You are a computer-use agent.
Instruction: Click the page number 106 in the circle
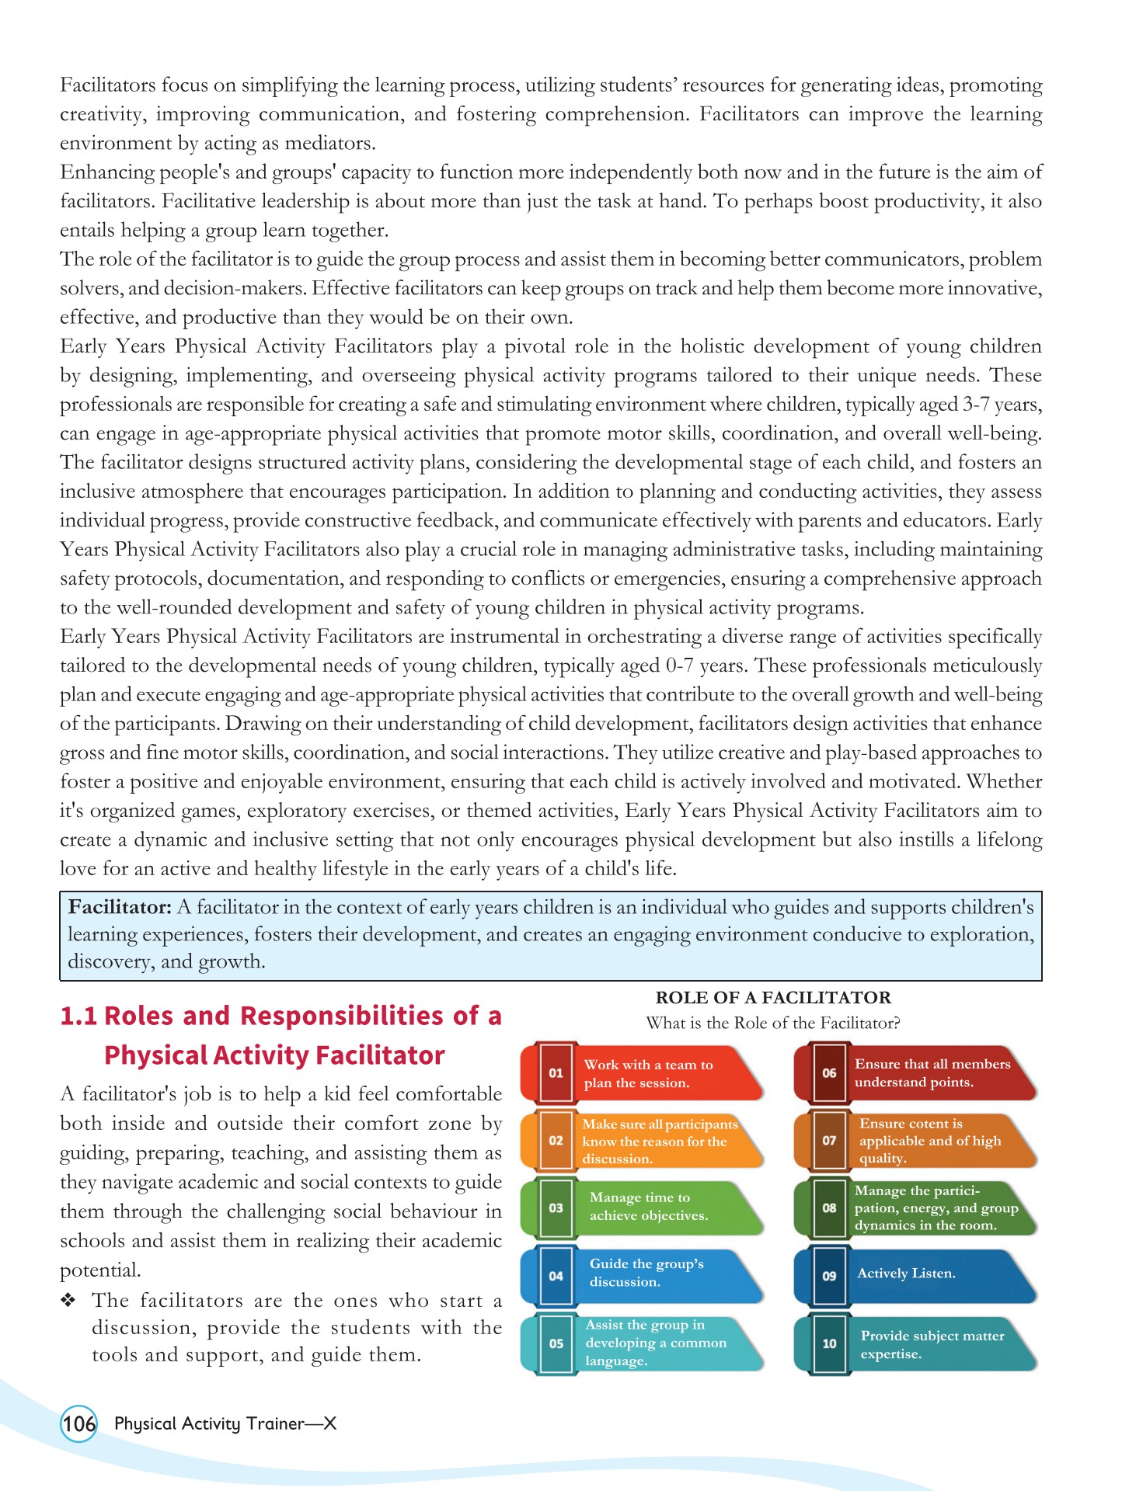(78, 1423)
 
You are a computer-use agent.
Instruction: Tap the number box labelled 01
(556, 1072)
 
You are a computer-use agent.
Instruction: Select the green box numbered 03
(556, 1208)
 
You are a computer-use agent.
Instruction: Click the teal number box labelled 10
(829, 1343)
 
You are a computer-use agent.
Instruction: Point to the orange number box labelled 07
(829, 1140)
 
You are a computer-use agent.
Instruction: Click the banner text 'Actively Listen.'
(906, 1273)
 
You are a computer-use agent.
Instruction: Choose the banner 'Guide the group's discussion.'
(646, 1272)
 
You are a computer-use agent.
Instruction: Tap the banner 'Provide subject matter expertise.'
(932, 1344)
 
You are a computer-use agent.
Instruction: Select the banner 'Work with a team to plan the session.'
(648, 1073)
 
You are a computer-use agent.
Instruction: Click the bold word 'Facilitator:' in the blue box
(120, 907)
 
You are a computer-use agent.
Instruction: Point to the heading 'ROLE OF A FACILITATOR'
(773, 998)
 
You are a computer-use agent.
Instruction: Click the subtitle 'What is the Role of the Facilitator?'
(773, 1023)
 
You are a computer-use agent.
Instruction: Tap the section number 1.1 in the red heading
(78, 1016)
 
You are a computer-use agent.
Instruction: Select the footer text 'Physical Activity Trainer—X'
(225, 1423)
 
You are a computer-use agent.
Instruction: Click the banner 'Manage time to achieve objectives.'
(648, 1206)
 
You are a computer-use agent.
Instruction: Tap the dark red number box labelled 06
(829, 1072)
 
